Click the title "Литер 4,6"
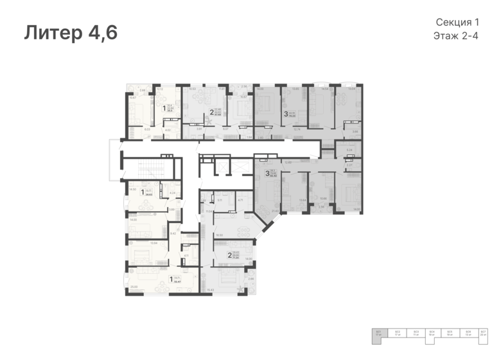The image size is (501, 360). [71, 33]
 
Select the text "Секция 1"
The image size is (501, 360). [457, 22]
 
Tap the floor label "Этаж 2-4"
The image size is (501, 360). [457, 36]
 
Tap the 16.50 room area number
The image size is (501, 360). [220, 235]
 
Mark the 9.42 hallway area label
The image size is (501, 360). [173, 233]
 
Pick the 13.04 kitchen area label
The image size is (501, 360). [154, 242]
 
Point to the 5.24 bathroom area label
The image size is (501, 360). [349, 150]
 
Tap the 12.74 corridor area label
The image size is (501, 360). [297, 129]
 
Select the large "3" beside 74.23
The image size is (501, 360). [286, 114]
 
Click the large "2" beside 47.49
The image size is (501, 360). [211, 113]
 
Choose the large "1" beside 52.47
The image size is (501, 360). [171, 279]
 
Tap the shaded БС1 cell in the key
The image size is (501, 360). [379, 333]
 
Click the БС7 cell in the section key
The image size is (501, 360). [482, 333]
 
